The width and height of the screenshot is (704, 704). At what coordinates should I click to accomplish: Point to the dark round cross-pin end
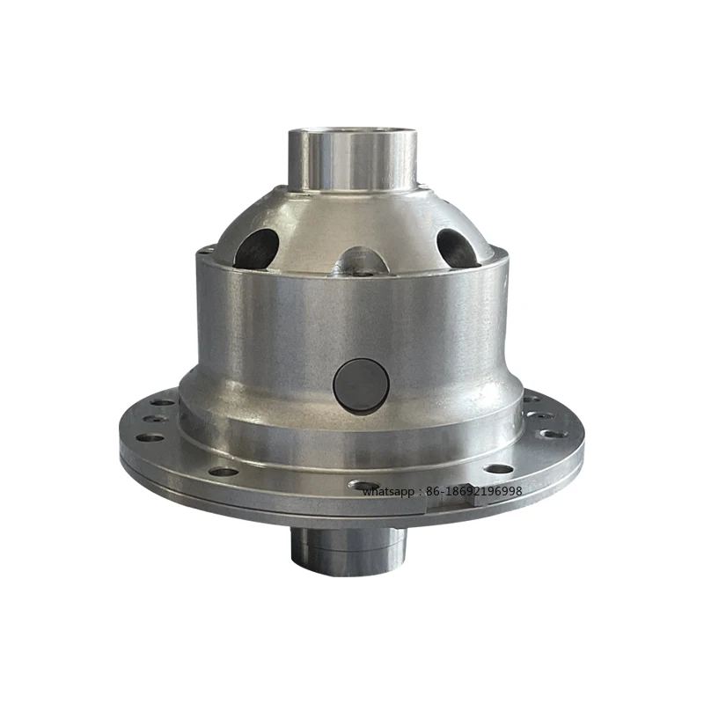359,384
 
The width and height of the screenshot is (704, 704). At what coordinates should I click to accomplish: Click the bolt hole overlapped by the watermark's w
363,485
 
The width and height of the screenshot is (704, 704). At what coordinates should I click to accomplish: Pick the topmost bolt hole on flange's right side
531,398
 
